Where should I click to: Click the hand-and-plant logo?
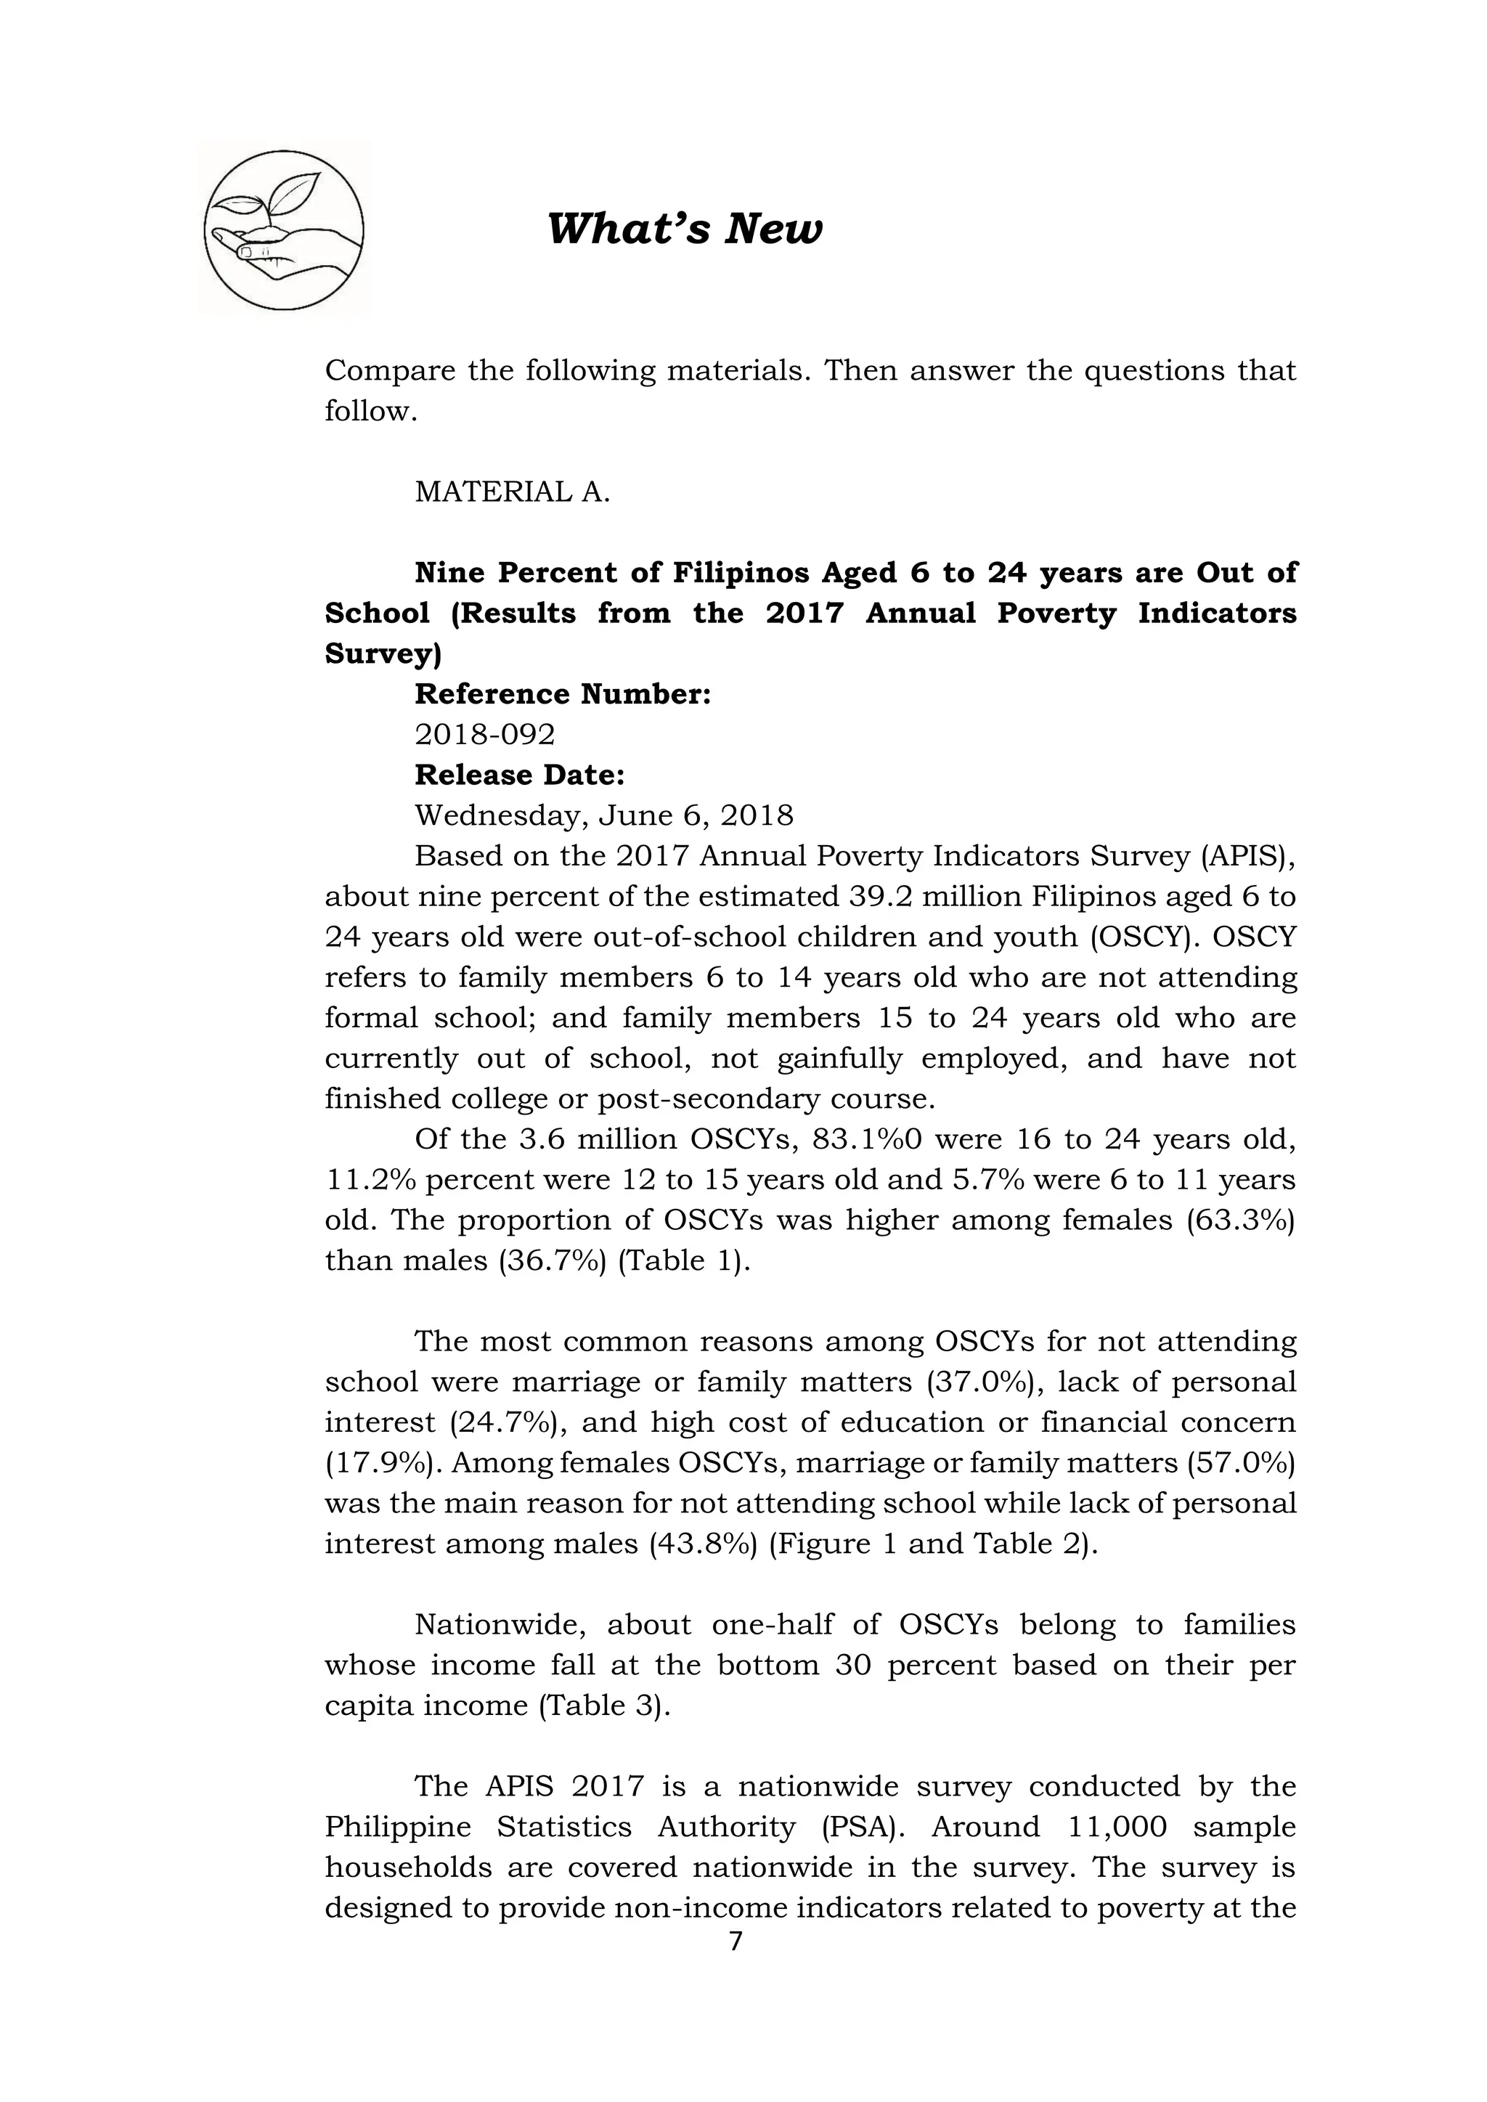coord(284,229)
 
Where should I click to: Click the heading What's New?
coord(684,228)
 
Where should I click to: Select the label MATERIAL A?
coord(512,492)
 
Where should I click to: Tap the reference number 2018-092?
coord(484,734)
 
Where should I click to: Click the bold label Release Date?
coord(519,775)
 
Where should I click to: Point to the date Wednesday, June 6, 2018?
coord(603,815)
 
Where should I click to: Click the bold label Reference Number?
coord(562,694)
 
